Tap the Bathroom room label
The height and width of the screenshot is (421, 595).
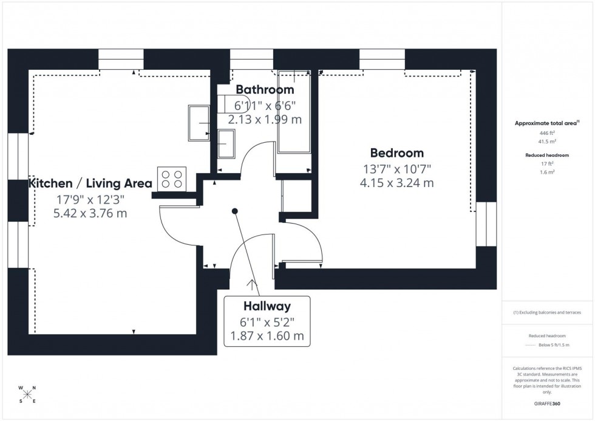(x=265, y=90)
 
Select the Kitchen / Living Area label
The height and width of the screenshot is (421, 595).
(x=90, y=183)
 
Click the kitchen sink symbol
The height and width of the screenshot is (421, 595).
(x=200, y=123)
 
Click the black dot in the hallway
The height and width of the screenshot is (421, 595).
(x=235, y=211)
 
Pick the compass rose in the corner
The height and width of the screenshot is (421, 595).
(x=27, y=394)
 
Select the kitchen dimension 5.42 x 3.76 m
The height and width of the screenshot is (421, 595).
(x=90, y=213)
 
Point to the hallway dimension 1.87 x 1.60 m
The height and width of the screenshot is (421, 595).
(x=267, y=336)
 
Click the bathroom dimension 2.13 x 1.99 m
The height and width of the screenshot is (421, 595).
(x=265, y=120)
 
